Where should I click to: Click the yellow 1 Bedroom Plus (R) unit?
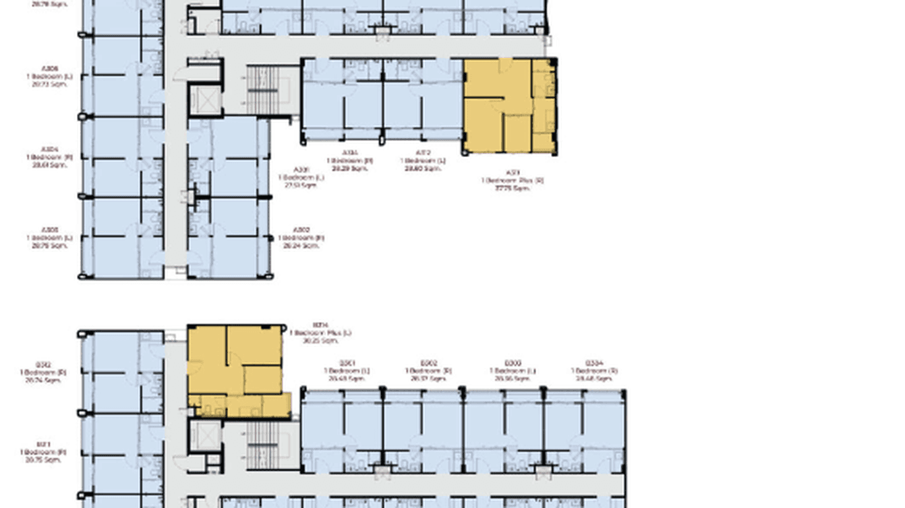509,106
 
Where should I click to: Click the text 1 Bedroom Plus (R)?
512,181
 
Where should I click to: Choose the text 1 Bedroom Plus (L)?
320,333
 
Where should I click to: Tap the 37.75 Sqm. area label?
512,189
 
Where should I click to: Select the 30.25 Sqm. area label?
320,341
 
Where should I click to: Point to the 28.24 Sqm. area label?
301,246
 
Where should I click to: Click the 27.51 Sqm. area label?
301,185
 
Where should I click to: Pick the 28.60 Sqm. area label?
423,168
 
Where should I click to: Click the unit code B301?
347,363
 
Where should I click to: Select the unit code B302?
429,363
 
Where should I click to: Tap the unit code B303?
512,363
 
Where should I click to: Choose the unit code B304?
593,363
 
